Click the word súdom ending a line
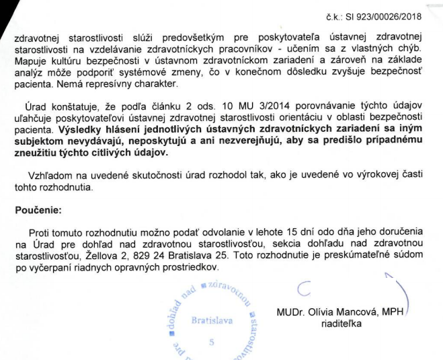point(410,256)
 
